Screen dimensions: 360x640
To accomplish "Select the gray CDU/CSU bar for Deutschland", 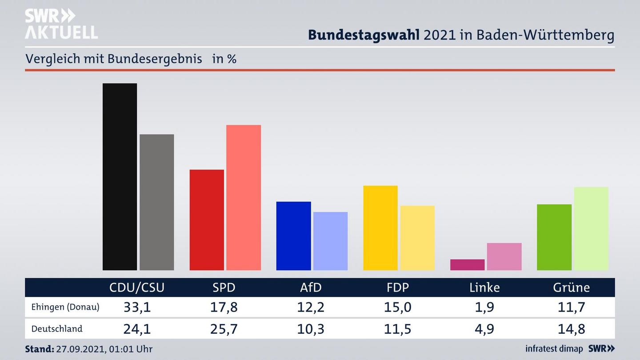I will click(x=156, y=202).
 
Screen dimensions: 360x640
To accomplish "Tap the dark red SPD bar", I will click(x=207, y=220).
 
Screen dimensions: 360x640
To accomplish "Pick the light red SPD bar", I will click(x=244, y=197).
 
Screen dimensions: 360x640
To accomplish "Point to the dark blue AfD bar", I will click(x=293, y=236).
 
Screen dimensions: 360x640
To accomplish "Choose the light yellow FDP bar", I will click(x=417, y=238).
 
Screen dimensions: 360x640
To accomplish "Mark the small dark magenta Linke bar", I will click(x=467, y=265).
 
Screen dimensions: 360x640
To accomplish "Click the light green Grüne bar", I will click(x=591, y=228).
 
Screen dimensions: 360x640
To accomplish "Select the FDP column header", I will click(x=398, y=288).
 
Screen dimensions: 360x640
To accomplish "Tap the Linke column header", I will click(x=484, y=288).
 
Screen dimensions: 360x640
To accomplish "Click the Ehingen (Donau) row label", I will click(x=65, y=307).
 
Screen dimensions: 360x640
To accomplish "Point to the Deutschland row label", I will click(x=57, y=329).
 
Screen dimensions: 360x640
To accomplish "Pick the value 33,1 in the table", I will click(x=137, y=307).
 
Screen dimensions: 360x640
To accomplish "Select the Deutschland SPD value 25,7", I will click(x=224, y=329).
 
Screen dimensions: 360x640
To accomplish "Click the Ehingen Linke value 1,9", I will click(x=484, y=307).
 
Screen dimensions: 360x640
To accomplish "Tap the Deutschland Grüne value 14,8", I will click(x=572, y=329).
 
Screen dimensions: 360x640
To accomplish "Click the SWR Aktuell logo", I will click(x=61, y=24).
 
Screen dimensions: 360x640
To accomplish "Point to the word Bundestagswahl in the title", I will click(x=364, y=35).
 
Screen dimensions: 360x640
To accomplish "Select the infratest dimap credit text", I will click(x=554, y=349).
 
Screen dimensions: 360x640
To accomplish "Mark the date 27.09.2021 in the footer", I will click(x=80, y=349).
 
